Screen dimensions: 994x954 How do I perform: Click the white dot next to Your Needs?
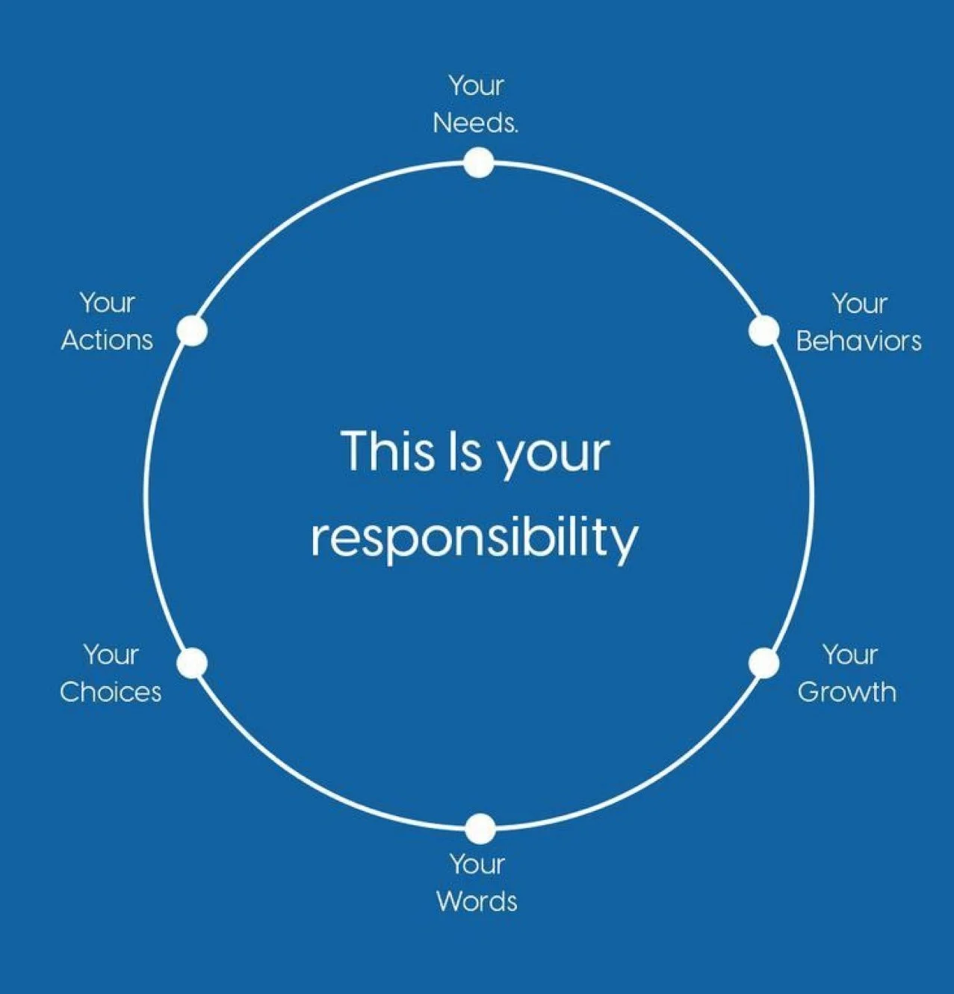point(478,162)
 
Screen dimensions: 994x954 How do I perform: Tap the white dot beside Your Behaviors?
point(763,331)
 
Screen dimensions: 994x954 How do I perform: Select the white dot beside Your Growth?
point(763,663)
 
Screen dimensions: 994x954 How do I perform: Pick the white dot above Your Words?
point(480,829)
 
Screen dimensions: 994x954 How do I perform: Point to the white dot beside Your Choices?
point(193,663)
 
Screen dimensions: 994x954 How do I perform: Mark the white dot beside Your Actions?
point(192,331)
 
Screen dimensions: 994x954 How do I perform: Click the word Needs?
point(474,123)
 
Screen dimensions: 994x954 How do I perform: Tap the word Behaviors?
point(858,341)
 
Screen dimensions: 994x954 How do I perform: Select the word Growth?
point(846,692)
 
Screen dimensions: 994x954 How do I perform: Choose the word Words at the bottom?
point(477,901)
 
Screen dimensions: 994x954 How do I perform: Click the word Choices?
point(111,692)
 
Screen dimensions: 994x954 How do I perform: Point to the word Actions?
point(107,340)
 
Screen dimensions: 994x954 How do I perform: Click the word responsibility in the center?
point(474,538)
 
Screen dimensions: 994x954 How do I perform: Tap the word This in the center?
point(386,451)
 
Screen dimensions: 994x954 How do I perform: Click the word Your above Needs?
point(477,86)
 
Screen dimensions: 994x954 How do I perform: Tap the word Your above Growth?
point(850,655)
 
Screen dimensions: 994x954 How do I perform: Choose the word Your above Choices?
point(111,655)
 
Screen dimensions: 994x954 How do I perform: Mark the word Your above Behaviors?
point(859,304)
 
